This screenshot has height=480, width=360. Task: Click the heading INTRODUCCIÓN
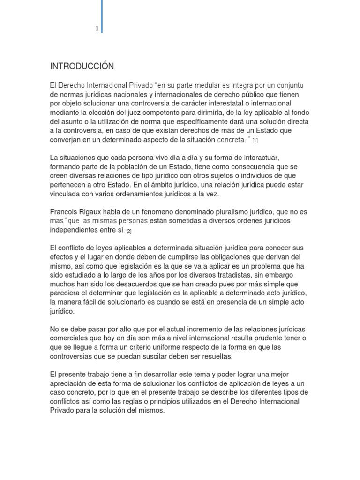point(82,66)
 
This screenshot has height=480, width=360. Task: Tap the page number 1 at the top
point(97,29)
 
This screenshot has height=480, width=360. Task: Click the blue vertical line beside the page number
point(102,16)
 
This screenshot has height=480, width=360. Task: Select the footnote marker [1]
point(255,141)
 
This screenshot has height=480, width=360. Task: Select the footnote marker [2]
point(128,231)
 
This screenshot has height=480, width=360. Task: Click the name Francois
point(65,212)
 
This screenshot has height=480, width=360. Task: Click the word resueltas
point(210,356)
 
